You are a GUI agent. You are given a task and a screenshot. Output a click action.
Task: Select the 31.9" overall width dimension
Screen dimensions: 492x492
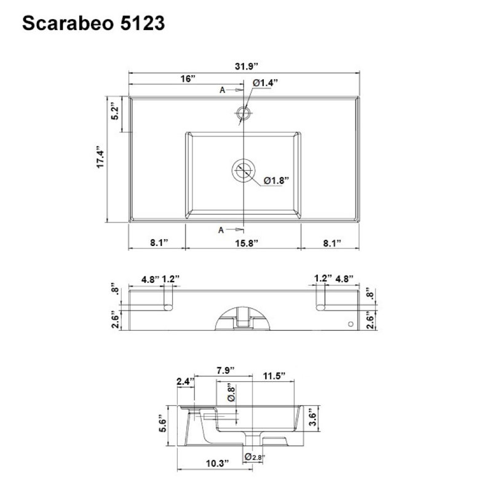click(245, 65)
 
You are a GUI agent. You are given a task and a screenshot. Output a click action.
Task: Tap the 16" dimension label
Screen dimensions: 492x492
click(188, 79)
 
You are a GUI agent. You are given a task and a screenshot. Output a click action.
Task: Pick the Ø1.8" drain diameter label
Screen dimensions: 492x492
click(277, 180)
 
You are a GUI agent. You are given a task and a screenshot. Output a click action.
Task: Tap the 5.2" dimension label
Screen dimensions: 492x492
click(114, 113)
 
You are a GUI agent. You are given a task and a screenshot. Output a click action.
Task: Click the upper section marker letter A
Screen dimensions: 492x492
click(223, 90)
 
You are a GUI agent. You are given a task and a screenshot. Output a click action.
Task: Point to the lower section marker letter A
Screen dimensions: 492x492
click(221, 230)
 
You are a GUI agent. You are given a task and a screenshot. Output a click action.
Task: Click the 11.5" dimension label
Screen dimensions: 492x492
click(274, 376)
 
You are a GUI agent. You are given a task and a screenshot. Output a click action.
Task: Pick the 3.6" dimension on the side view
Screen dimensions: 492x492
click(313, 418)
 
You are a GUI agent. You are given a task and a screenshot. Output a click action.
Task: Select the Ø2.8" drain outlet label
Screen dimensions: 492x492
click(255, 456)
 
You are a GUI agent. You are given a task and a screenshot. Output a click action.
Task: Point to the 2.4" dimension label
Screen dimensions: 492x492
click(185, 382)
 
